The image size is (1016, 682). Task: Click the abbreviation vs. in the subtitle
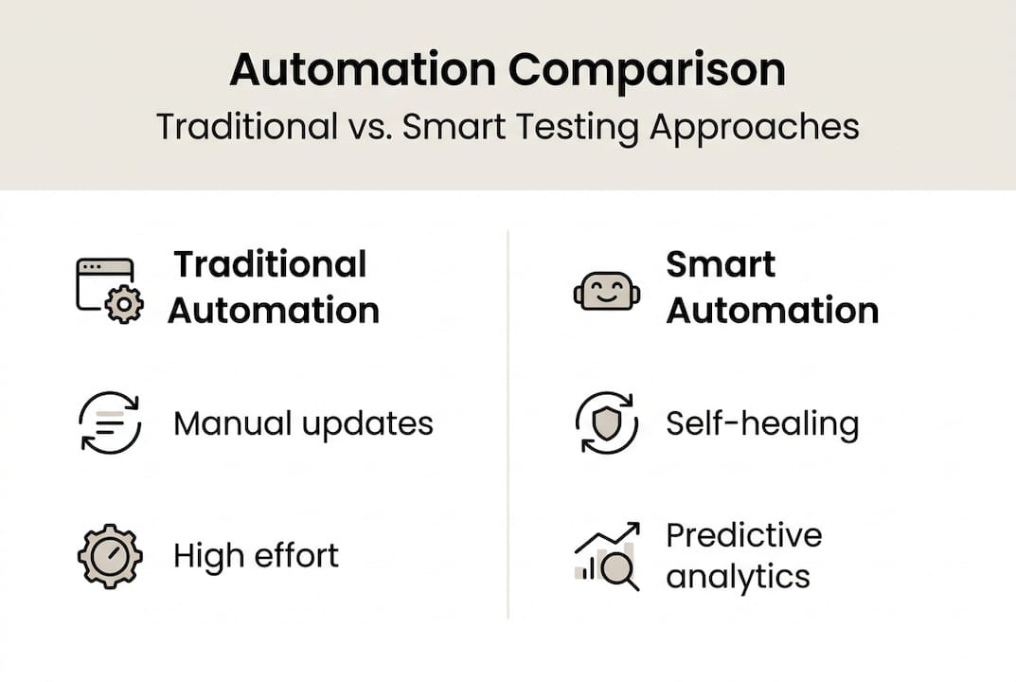point(365,126)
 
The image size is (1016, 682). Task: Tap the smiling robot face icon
point(606,291)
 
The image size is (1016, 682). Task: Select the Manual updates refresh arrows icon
point(110,422)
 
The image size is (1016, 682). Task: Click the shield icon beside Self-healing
point(606,422)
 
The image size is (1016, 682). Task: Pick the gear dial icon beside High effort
point(110,555)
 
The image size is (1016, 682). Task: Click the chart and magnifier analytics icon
point(607,557)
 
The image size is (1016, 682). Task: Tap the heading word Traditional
point(270,264)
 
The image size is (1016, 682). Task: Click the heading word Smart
point(721,264)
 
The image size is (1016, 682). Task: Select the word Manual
point(233,423)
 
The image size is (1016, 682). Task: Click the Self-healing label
point(762,423)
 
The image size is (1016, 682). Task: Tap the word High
point(201,556)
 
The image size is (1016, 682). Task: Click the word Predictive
point(744,536)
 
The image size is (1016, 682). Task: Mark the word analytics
point(738,577)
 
